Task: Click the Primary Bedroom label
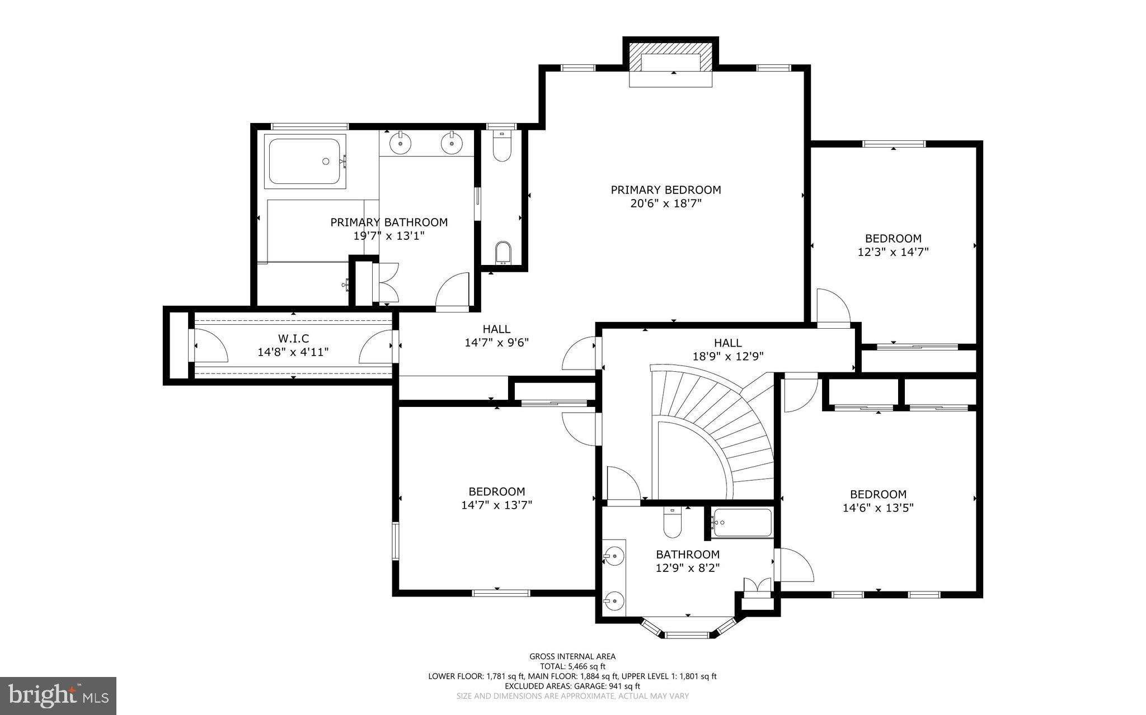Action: click(665, 190)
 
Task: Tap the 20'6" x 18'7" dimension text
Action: click(665, 204)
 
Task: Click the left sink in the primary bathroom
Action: click(401, 143)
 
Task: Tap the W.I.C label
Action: click(293, 339)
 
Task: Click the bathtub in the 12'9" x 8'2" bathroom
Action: click(742, 523)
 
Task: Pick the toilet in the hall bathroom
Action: click(672, 523)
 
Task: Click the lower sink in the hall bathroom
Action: click(614, 601)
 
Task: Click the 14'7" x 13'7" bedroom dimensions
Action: click(496, 505)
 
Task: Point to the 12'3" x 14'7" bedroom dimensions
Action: click(893, 252)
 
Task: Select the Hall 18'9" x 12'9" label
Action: click(727, 349)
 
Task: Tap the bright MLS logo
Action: click(58, 695)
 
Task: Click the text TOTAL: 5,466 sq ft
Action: click(572, 666)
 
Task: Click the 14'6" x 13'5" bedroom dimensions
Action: click(877, 508)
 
